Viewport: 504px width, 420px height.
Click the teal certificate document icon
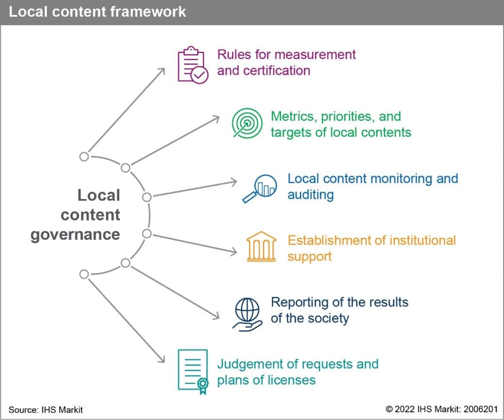(x=193, y=370)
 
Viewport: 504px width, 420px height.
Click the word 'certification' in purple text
(x=264, y=70)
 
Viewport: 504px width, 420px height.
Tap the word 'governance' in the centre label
(x=75, y=235)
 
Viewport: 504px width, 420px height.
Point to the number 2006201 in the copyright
(x=479, y=410)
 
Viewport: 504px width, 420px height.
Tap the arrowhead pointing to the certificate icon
(x=162, y=359)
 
